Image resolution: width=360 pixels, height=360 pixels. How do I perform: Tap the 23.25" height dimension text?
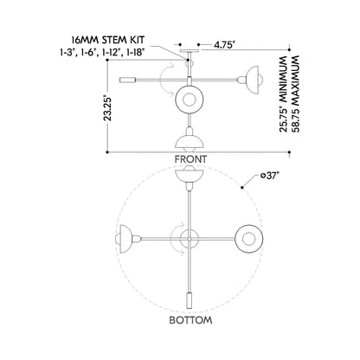pos(108,108)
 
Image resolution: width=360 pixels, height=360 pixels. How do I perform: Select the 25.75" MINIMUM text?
pos(284,93)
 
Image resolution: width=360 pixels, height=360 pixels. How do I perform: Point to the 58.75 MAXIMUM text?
pos(296,93)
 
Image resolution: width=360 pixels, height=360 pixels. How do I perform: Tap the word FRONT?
pos(190,159)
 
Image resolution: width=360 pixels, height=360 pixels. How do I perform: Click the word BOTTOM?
pos(190,320)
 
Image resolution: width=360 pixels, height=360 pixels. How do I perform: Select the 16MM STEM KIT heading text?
pos(108,40)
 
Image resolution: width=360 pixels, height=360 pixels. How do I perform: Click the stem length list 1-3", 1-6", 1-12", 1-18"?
pos(102,52)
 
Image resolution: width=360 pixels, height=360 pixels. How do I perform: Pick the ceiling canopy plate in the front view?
pos(190,51)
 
